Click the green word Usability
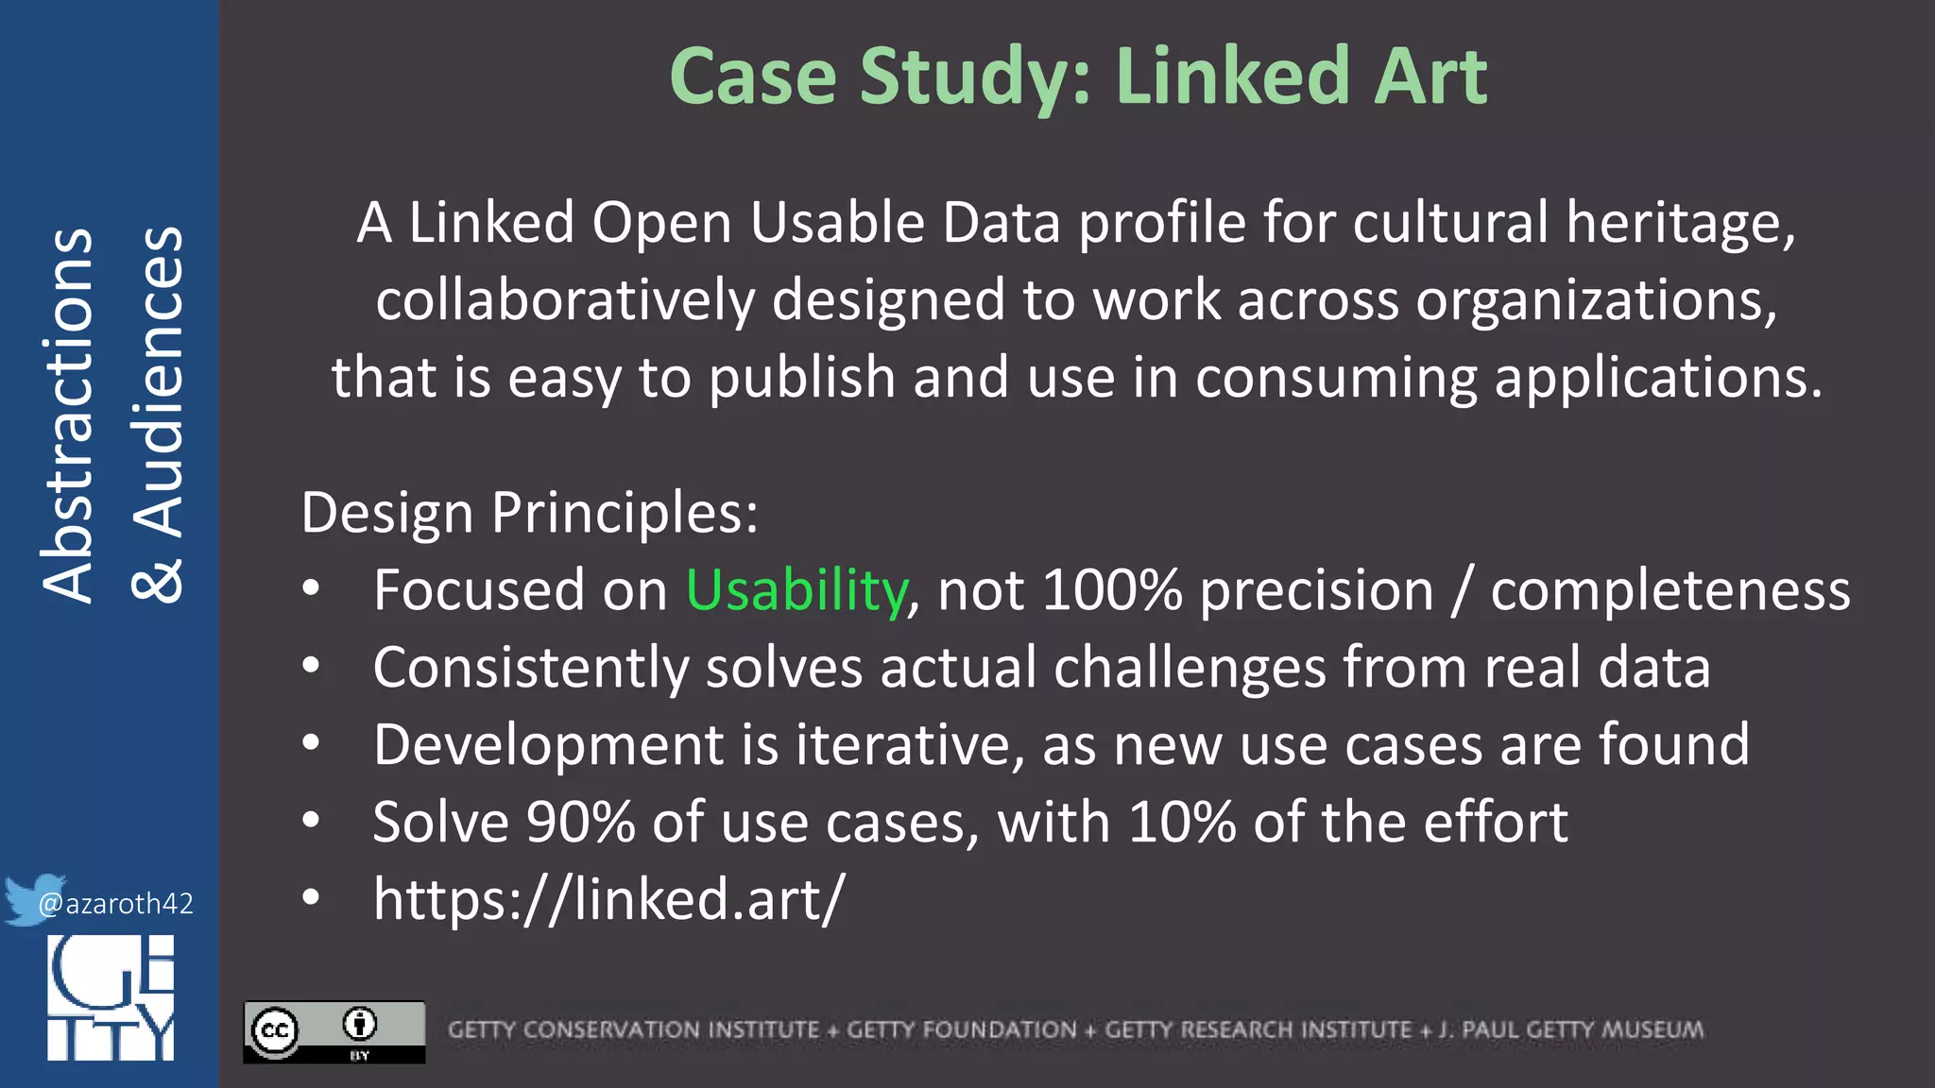click(x=796, y=592)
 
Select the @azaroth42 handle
click(x=116, y=905)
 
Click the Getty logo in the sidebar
click(x=111, y=998)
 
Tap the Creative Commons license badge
click(x=334, y=1031)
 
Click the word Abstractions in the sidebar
click(x=68, y=416)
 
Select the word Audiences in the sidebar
click(x=158, y=382)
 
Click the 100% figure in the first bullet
click(x=1111, y=592)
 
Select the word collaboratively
click(x=565, y=301)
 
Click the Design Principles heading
click(x=529, y=514)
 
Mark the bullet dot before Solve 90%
click(x=311, y=821)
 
